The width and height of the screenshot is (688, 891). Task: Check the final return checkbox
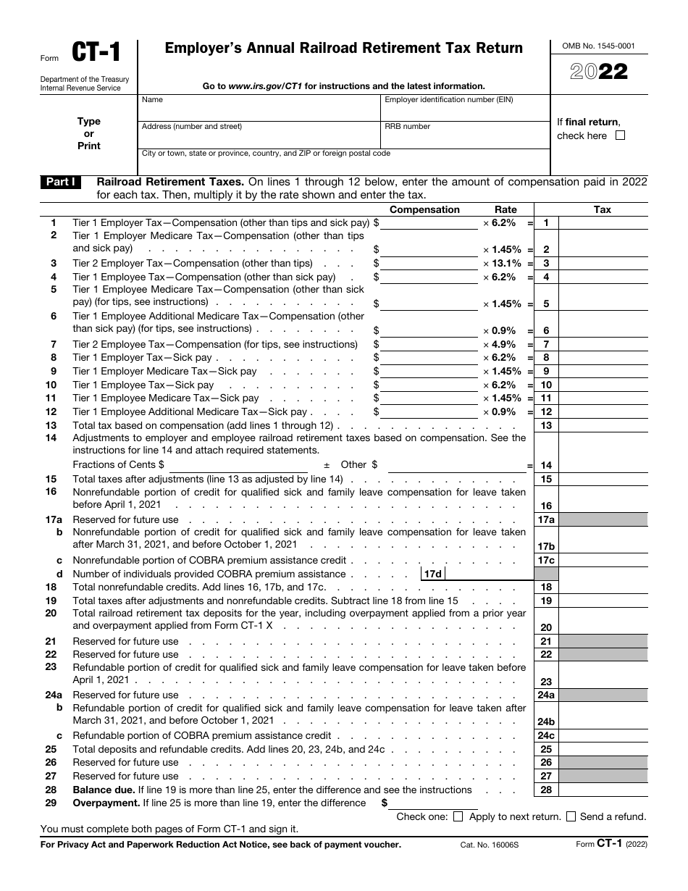pos(619,135)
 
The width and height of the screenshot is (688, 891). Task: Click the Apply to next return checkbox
pos(458,816)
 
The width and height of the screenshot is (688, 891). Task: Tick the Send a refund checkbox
pos(571,816)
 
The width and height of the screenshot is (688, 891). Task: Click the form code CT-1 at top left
pos(95,54)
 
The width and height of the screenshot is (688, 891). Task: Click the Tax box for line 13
pos(603,426)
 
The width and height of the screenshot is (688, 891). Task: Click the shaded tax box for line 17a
pos(603,520)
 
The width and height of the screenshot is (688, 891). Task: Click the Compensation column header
pos(424,209)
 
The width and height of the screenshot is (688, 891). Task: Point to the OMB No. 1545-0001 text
pos(598,46)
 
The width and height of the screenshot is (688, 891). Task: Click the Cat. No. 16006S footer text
pos(484,845)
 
